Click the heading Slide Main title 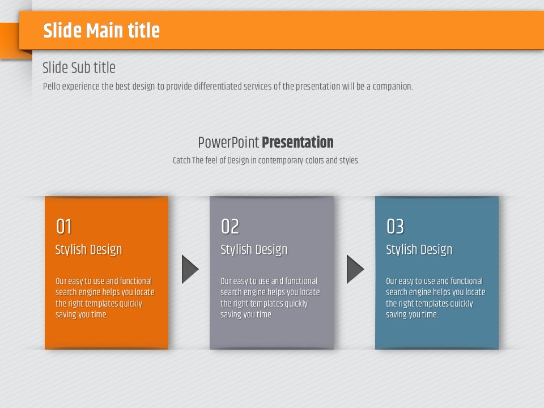(101, 30)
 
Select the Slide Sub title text (79, 67)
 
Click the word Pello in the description (52, 86)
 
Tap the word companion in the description (393, 86)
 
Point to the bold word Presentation (297, 142)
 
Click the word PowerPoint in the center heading (228, 142)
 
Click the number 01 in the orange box (64, 227)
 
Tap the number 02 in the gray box (230, 227)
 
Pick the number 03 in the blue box (395, 227)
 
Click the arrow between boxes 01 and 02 (190, 269)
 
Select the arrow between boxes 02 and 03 (355, 269)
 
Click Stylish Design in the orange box (89, 249)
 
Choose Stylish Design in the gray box (254, 249)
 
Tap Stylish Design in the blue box (419, 249)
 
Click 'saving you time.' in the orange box (82, 314)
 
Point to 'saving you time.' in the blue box (412, 314)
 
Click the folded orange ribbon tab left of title (10, 40)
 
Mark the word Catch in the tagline (181, 160)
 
